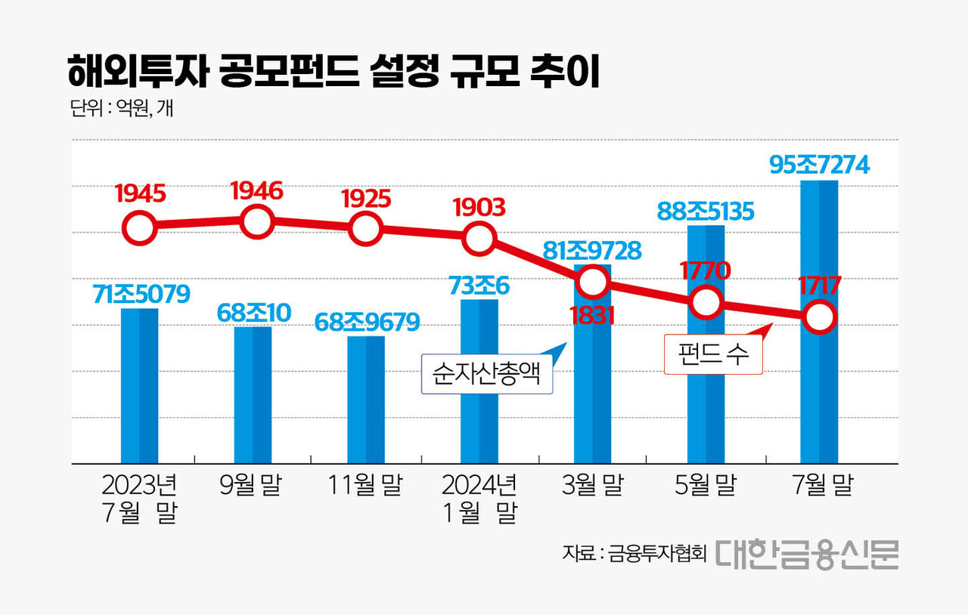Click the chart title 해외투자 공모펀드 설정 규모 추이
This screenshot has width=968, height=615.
pos(333,73)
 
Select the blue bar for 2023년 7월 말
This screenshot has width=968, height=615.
pos(140,385)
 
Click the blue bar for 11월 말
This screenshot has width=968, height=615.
pos(366,399)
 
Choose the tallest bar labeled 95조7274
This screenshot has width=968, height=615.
pos(819,321)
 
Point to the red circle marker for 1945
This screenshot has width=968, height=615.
pos(140,227)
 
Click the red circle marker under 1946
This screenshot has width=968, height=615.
pos(256,222)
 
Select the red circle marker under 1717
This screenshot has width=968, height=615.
pos(820,317)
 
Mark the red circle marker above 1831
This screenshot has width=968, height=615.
pos(593,282)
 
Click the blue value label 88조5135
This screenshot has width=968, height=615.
pos(705,212)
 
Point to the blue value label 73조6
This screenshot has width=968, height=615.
pos(479,286)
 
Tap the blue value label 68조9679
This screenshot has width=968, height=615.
pos(367,323)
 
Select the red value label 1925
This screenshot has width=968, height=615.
pos(366,199)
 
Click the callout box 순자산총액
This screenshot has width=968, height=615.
pos(486,375)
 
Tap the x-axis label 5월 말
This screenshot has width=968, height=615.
pos(705,486)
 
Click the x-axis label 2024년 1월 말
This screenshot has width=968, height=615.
pos(479,499)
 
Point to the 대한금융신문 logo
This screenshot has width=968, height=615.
pos(806,553)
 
